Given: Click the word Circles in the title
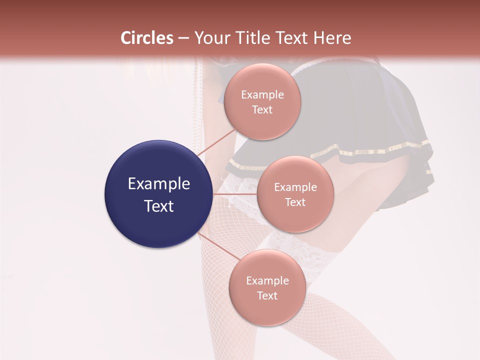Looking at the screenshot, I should (x=146, y=38).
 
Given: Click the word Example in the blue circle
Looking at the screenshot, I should (x=158, y=184).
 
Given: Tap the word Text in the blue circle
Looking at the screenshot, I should (x=158, y=206).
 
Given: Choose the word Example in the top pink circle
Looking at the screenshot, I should (x=262, y=95).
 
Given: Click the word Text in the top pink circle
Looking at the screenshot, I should (x=262, y=110).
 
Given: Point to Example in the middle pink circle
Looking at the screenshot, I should (x=295, y=187).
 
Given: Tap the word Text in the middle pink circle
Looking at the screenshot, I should (x=295, y=202).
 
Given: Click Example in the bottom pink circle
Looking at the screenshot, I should (x=267, y=281).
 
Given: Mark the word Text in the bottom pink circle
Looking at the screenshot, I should (x=267, y=296).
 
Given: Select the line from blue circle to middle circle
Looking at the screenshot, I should (x=234, y=194).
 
